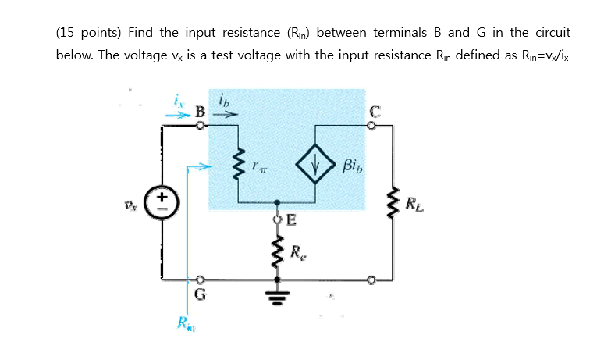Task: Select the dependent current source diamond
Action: [316, 165]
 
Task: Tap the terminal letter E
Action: [290, 219]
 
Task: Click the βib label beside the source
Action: [352, 166]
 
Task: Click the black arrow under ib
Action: [225, 113]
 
